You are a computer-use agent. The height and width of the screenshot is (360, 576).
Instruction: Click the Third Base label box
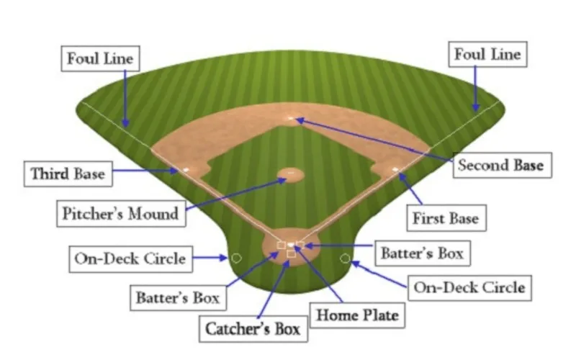click(68, 174)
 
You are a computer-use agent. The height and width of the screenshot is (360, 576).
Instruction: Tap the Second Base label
click(502, 166)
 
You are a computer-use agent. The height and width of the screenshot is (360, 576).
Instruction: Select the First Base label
click(446, 218)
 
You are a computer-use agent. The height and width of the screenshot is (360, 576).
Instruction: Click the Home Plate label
click(357, 315)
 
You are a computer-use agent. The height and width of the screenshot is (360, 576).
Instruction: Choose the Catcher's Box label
click(253, 329)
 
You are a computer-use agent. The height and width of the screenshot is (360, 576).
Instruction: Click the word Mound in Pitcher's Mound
click(153, 213)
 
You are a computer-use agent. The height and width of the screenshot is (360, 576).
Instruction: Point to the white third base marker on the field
click(186, 170)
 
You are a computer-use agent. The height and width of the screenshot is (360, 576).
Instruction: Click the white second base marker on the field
click(291, 118)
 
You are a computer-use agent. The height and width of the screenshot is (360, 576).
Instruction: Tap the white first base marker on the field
click(395, 169)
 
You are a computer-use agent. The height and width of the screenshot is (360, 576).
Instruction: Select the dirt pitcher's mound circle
click(291, 175)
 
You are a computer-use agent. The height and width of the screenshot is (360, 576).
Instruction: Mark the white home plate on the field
click(291, 245)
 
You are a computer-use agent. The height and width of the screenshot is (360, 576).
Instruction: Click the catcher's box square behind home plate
click(292, 254)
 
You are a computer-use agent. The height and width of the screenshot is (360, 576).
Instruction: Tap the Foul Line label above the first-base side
click(488, 55)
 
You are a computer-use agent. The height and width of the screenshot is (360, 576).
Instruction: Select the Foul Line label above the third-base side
click(100, 58)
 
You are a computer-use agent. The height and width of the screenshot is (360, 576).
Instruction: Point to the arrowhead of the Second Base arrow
click(300, 120)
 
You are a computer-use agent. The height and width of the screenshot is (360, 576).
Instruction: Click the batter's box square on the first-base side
click(300, 245)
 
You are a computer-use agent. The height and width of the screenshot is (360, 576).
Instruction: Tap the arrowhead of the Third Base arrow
click(174, 171)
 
